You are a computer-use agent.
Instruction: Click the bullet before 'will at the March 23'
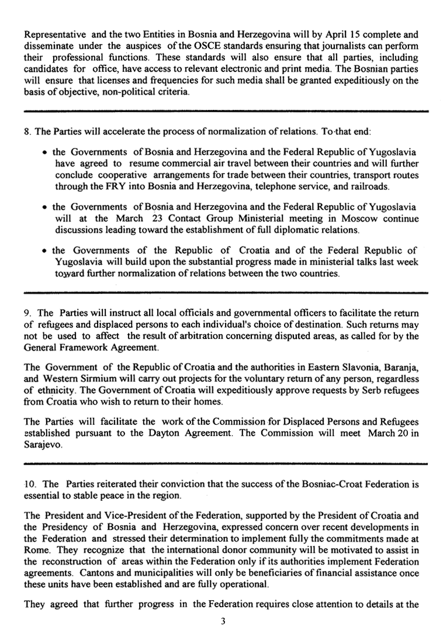click(x=45, y=207)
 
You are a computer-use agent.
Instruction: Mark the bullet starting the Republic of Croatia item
click(x=45, y=251)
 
